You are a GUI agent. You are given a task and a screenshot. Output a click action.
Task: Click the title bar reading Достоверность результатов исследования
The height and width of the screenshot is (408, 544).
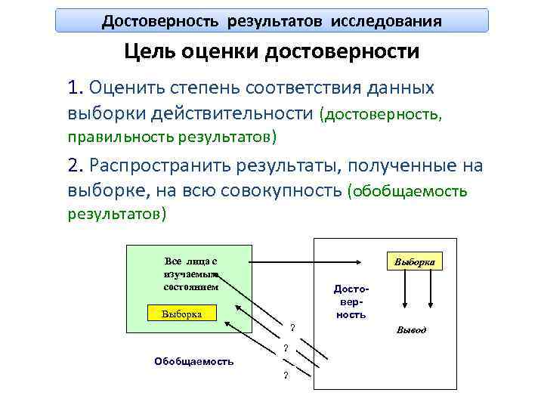[272, 20]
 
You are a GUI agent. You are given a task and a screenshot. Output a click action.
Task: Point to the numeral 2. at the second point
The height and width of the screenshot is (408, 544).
[76, 165]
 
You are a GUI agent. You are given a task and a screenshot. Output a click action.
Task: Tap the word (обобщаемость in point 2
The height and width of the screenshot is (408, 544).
[408, 191]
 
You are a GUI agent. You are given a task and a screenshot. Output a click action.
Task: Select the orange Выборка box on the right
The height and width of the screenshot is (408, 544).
[414, 261]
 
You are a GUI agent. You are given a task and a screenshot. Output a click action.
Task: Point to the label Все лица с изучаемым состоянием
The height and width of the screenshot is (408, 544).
[190, 274]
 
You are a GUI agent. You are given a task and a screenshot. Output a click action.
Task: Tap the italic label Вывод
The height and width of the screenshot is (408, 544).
[411, 330]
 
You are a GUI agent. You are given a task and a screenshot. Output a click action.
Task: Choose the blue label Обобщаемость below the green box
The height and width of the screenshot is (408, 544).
[193, 361]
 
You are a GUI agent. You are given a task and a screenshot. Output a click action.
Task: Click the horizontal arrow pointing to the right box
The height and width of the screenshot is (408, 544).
[317, 262]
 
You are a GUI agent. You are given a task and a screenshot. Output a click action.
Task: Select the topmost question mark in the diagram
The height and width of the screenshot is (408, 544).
[292, 326]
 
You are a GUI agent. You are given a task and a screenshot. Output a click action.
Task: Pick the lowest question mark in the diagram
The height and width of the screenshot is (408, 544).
[286, 376]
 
